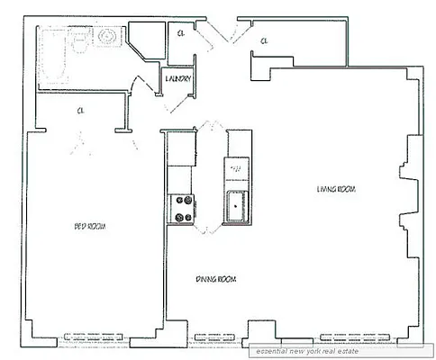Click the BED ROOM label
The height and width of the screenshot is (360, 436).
pyautogui.click(x=89, y=226)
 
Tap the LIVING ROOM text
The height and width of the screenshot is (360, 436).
pyautogui.click(x=335, y=189)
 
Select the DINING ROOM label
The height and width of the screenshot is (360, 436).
pyautogui.click(x=215, y=279)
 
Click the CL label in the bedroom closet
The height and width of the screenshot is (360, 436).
pyautogui.click(x=80, y=111)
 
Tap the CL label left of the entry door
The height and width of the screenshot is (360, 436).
pyautogui.click(x=181, y=33)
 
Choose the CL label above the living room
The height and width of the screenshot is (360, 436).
pyautogui.click(x=264, y=41)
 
